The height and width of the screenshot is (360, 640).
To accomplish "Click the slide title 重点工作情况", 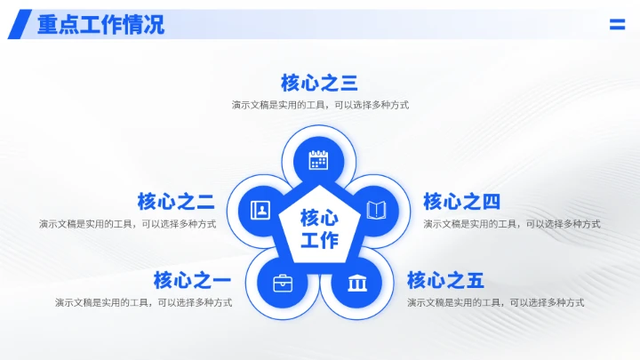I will [100, 24].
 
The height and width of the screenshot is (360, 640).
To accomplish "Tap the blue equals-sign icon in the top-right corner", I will [617, 25].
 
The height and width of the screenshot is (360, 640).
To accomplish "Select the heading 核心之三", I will [319, 84].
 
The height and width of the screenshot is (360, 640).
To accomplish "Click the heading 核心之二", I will [175, 202].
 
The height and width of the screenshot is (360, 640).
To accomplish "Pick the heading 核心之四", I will [461, 202].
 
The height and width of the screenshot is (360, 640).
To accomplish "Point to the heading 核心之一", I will [192, 281].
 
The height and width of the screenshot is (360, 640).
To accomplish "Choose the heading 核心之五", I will [445, 281].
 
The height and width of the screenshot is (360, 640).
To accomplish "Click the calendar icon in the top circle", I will [319, 160].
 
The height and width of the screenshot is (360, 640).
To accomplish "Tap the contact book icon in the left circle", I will [260, 211].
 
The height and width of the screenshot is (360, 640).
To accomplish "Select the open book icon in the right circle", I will [377, 211].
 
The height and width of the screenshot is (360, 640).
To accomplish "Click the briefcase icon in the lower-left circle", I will [283, 284].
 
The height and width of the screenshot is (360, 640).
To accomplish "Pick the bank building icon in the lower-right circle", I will [357, 284].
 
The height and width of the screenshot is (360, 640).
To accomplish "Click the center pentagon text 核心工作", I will [319, 228].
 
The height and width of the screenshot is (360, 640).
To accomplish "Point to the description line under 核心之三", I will [320, 105].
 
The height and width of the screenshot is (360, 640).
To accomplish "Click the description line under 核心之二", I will [127, 224].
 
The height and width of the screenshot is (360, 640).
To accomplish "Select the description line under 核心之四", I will [512, 224].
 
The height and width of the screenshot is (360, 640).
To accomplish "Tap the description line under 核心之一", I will [143, 303].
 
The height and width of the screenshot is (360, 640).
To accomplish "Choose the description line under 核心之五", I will [496, 303].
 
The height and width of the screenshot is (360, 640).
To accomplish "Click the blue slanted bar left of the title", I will [18, 25].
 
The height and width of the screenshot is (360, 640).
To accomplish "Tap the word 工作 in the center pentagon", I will [319, 240].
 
